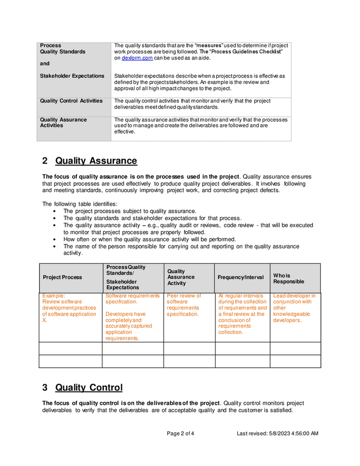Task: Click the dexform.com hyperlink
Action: [137, 58]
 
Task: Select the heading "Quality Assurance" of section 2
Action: [96, 161]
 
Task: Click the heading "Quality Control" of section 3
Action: [89, 388]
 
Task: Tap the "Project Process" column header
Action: [62, 278]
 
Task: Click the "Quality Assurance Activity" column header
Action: [181, 277]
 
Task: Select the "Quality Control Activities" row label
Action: [71, 101]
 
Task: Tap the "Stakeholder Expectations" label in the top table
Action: [72, 76]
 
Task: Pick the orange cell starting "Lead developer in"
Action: [294, 308]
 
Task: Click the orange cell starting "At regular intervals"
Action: [242, 314]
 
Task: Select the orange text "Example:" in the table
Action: [54, 296]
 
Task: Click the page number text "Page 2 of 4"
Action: [180, 433]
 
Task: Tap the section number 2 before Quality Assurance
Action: [45, 161]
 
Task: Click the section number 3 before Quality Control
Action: [45, 388]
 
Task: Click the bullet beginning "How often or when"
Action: [149, 239]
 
